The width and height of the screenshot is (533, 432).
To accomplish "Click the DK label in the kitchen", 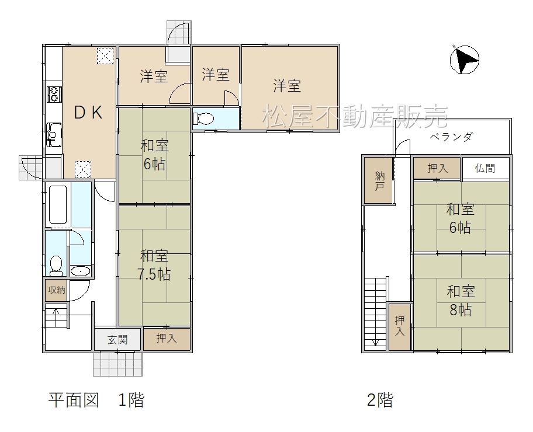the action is [x=88, y=113].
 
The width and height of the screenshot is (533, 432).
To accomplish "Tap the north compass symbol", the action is [x=465, y=60].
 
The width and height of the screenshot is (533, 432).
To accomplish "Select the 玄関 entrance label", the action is [x=117, y=340].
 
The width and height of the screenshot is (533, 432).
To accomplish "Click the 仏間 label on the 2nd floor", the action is [x=485, y=168].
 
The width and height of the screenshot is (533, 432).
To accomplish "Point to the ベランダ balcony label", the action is [x=451, y=137].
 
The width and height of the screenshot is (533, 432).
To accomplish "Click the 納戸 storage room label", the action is [x=380, y=181].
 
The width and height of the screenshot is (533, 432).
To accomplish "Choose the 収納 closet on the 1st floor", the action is [x=57, y=290].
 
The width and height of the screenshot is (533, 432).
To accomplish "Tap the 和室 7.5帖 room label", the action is [x=154, y=265].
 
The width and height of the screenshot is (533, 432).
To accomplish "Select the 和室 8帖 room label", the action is [x=461, y=301].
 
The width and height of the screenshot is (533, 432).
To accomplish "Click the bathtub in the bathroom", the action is [x=58, y=205].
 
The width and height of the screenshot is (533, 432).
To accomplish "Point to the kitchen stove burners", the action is [x=54, y=94].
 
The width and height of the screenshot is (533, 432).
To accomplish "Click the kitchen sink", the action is [x=54, y=134].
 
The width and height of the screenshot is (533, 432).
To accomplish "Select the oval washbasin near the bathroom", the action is [x=80, y=271].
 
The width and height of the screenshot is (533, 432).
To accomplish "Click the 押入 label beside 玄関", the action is [x=167, y=338].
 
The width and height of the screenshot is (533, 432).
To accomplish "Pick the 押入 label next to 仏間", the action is [x=438, y=168].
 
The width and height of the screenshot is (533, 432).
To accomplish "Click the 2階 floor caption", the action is [x=380, y=400].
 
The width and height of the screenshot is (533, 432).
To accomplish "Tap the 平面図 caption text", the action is [x=74, y=400].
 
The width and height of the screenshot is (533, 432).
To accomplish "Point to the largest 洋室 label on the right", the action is [x=287, y=86].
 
